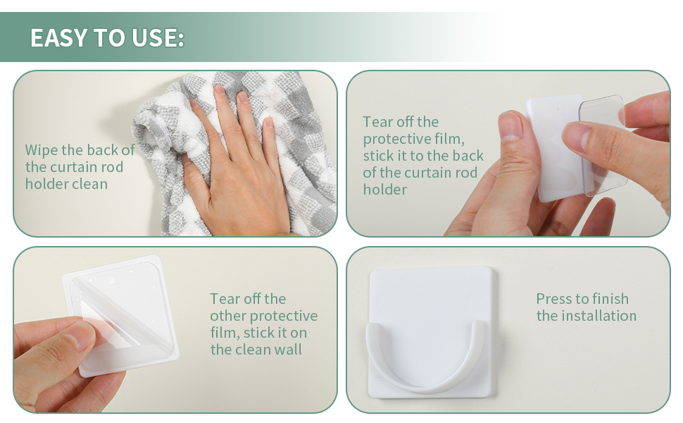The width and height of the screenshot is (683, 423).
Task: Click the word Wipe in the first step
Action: (x=42, y=150)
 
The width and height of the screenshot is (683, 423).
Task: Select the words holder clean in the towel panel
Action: (x=66, y=184)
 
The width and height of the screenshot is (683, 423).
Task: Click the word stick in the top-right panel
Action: (x=377, y=156)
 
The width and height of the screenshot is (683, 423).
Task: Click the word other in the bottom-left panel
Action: (x=228, y=316)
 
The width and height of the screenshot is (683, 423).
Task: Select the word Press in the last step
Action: (x=552, y=299)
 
